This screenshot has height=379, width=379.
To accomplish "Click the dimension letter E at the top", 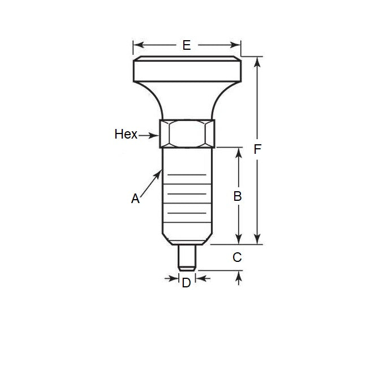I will [186, 45].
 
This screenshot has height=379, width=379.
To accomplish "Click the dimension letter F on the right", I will [258, 149].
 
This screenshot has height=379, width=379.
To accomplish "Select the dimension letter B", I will [238, 196].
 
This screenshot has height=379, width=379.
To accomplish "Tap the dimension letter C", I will [238, 257].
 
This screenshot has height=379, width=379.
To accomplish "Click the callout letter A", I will [135, 199].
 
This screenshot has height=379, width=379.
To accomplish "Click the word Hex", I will [126, 134].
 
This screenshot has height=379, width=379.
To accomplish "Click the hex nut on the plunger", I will [187, 133].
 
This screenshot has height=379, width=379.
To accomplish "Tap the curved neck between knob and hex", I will [187, 102].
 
